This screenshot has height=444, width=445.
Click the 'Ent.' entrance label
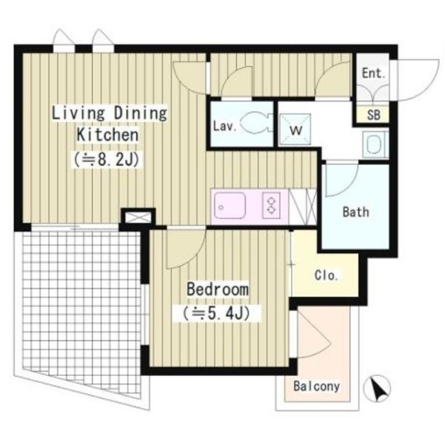coord(373,73)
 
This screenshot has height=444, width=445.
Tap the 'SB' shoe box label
coord(373,115)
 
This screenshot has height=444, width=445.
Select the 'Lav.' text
coord(225,126)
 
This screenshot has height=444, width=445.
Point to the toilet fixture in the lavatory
coord(256,123)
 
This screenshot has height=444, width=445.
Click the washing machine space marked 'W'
coord(295,129)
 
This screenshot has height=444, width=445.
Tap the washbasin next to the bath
coord(375,144)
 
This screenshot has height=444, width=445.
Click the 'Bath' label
coord(356,212)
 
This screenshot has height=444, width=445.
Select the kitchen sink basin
coord(230,206)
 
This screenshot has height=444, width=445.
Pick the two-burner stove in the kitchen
coord(271,206)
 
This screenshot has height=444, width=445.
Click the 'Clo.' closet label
coord(327,275)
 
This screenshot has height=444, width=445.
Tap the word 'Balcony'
coord(316,386)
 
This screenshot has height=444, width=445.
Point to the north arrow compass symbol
coord(378,388)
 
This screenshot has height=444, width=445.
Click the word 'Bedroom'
coord(218,289)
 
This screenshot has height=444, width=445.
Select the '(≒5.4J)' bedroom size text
coord(216,313)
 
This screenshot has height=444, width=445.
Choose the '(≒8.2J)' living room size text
coord(107,160)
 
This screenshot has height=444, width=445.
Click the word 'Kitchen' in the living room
coord(108,135)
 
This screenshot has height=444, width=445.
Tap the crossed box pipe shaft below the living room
coord(138,218)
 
